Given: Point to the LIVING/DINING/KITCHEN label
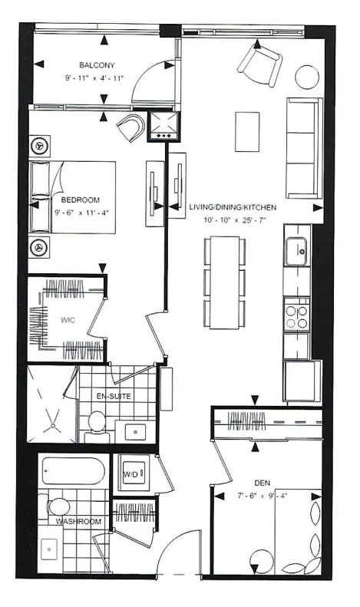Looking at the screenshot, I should tap(233, 208).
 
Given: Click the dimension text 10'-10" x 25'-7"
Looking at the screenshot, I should tap(234, 221).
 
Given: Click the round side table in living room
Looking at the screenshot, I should tap(307, 77).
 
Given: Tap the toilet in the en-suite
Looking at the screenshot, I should tap(97, 423).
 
